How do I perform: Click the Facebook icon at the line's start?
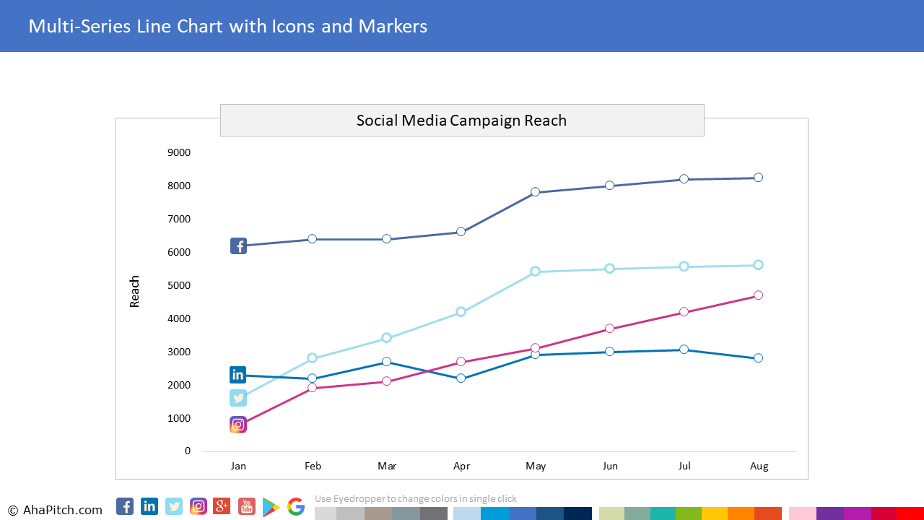[x=238, y=246]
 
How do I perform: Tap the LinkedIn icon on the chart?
[x=238, y=375]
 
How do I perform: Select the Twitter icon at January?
[x=238, y=398]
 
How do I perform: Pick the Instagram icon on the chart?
[x=238, y=425]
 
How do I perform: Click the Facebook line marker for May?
[x=535, y=192]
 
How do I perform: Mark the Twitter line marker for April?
[x=461, y=312]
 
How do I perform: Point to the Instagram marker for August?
[x=758, y=295]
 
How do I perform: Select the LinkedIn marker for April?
[x=461, y=378]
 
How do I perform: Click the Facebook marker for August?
[x=758, y=178]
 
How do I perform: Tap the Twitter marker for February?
[x=312, y=358]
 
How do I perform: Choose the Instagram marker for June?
[x=609, y=329]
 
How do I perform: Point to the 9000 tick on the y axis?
[x=179, y=152]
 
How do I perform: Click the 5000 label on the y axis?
[x=179, y=285]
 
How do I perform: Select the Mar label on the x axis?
[x=387, y=466]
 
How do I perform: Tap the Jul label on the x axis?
[x=684, y=466]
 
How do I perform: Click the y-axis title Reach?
[x=135, y=291]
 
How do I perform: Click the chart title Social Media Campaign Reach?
[x=461, y=121]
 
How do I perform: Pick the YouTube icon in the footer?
[x=247, y=507]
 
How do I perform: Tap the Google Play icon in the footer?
[x=271, y=507]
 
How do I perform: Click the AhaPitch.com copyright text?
[x=56, y=510]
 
